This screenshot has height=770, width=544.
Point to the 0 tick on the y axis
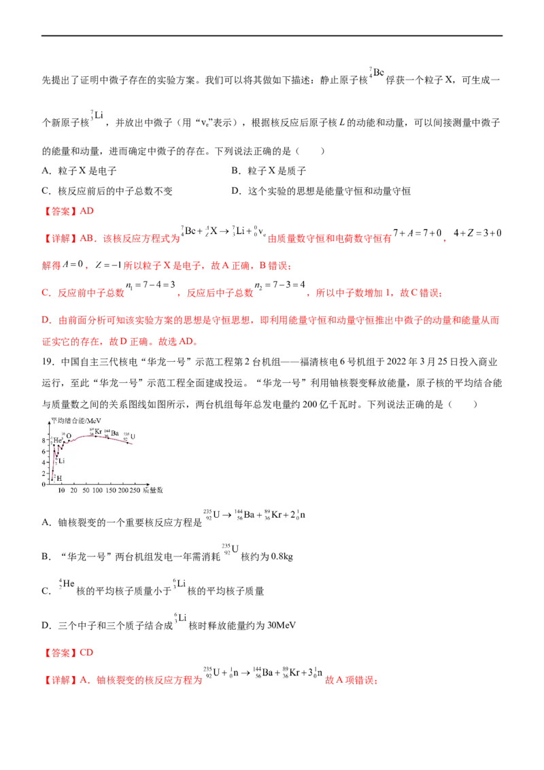(x=44, y=484)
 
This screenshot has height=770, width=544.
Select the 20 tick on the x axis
(x=73, y=490)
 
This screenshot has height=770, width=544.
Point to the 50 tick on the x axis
(x=86, y=490)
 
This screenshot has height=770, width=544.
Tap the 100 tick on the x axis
(x=101, y=490)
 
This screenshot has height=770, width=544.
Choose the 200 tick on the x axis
(x=124, y=490)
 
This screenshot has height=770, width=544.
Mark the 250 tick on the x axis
(x=135, y=490)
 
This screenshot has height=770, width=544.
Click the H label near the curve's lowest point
(x=58, y=478)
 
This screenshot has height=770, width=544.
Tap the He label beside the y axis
(x=57, y=441)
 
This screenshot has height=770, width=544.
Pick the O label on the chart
(x=69, y=436)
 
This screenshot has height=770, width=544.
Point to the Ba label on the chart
(x=115, y=433)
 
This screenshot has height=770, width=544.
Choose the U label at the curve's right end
(x=133, y=435)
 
